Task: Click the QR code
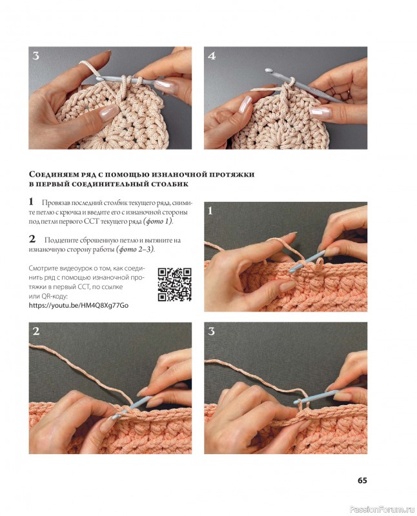pos(174,284)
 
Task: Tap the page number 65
pos(362,481)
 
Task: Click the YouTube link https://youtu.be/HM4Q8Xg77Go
pos(78,305)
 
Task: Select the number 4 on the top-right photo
pos(212,56)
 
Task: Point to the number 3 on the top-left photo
pos(36,56)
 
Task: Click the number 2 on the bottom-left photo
pos(36,331)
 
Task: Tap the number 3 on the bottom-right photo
pos(211,331)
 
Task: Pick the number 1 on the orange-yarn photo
pos(210,210)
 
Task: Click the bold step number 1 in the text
pos(31,201)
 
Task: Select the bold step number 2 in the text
pos(32,239)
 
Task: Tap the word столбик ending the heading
pos(170,184)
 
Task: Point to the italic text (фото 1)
pos(158,221)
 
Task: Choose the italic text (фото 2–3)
pos(135,250)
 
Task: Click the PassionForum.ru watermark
pos(381,510)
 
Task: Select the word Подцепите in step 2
pos(60,240)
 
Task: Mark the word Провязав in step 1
pos(56,203)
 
